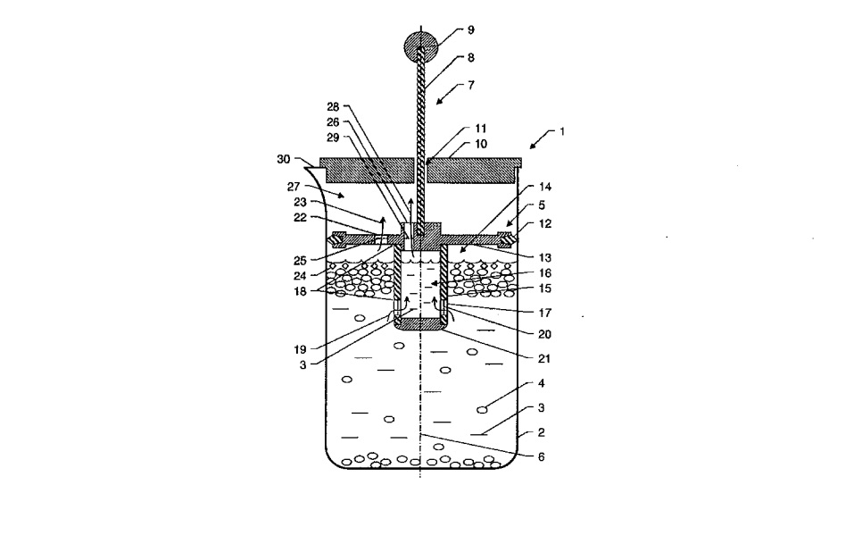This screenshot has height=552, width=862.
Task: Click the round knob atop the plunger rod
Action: coord(421,46)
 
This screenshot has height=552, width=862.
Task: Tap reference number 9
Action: coord(471,30)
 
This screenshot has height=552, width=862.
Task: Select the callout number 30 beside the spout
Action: coord(283,159)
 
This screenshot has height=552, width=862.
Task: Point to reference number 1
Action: coord(562,131)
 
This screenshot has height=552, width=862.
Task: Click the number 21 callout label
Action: coord(543,359)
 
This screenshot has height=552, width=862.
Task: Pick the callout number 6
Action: coord(541,456)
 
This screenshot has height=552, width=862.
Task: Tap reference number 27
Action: coord(294,187)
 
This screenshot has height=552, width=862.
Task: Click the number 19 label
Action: coord(300,349)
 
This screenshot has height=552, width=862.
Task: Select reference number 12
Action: coord(545,224)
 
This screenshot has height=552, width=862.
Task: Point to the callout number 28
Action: coord(333,107)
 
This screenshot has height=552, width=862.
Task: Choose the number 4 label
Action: coord(541,383)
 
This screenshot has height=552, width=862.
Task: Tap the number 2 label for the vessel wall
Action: coord(541,432)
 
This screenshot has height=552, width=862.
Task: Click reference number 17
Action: coord(545,314)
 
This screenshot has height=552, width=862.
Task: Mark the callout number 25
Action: coord(300,260)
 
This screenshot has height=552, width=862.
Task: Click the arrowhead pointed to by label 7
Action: coord(439,100)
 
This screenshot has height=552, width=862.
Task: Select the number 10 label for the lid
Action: coord(481,144)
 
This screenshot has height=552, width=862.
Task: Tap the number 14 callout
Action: coord(545,187)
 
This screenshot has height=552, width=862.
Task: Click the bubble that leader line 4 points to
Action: coord(482,409)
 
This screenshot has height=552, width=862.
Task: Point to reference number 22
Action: coord(300,218)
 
